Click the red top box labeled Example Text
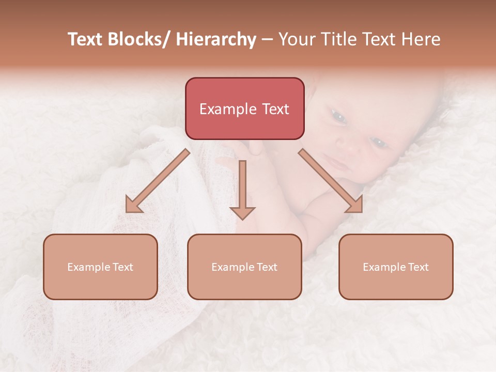click(244, 109)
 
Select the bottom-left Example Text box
click(100, 267)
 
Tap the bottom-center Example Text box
click(244, 267)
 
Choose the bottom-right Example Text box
click(396, 267)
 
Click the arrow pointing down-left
click(157, 181)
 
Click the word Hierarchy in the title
click(216, 39)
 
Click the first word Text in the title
click(85, 39)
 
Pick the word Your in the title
click(296, 39)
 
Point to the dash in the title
click(267, 40)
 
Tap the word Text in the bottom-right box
click(417, 267)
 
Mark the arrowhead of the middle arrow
click(242, 212)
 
